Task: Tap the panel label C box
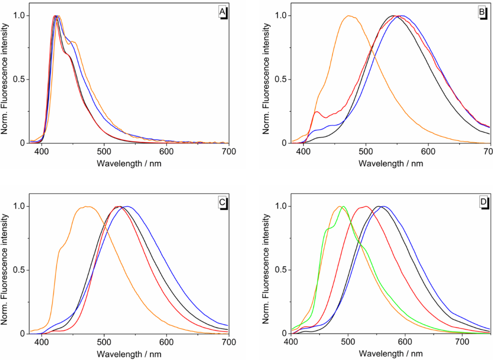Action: (x=223, y=202)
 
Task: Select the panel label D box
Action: (x=483, y=202)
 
